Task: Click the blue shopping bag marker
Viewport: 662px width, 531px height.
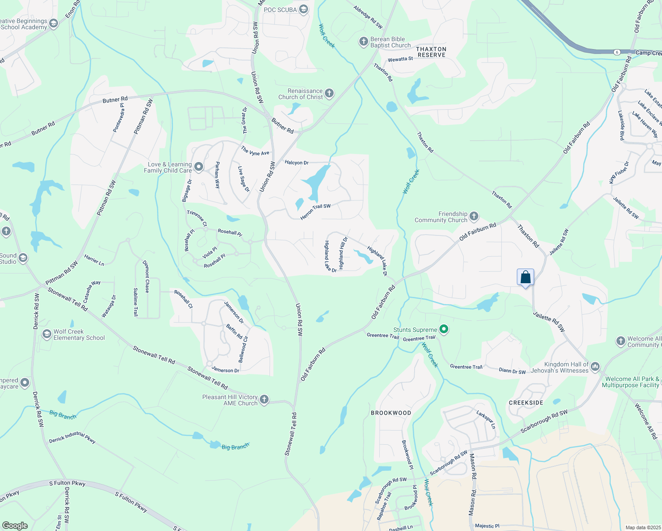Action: (525, 277)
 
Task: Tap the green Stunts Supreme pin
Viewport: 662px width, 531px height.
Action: (444, 329)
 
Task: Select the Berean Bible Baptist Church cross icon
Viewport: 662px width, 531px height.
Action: (363, 42)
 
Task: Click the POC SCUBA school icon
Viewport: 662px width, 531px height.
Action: (304, 9)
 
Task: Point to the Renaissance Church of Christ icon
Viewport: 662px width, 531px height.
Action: (329, 93)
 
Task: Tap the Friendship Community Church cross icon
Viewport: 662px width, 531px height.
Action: (474, 216)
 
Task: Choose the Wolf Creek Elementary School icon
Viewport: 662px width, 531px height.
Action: (46, 335)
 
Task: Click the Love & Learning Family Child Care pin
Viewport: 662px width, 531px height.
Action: (199, 167)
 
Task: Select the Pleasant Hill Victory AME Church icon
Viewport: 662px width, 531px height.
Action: (264, 400)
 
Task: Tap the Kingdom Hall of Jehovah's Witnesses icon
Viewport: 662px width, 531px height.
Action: (595, 366)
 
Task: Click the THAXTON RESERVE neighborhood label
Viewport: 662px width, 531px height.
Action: (431, 52)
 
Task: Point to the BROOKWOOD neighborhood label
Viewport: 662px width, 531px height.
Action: (391, 413)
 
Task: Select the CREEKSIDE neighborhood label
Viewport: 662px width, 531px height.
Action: (526, 403)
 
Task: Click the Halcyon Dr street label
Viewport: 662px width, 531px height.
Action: (296, 162)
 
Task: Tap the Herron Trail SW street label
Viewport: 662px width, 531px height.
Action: (316, 212)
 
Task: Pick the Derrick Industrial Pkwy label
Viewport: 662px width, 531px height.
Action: (72, 437)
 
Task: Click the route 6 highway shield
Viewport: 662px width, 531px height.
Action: (617, 52)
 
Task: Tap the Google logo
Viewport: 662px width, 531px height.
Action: (15, 525)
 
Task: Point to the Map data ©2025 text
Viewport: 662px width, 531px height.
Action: (643, 527)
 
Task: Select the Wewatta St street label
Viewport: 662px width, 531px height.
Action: (400, 59)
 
